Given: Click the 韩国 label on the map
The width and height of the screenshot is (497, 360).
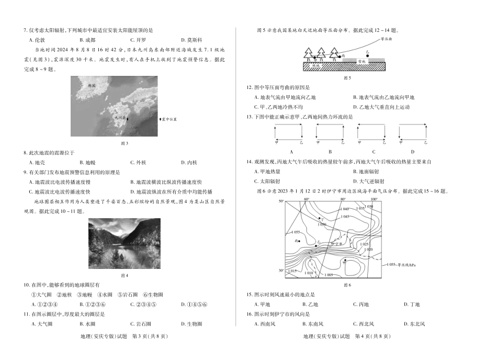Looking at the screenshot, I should [92, 85].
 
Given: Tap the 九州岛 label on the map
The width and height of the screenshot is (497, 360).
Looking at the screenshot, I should [120, 118].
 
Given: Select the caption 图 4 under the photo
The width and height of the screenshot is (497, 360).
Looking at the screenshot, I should [125, 275].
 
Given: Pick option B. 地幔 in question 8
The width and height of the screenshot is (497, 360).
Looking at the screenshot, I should [87, 162].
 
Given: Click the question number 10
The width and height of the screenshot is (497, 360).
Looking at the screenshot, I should [26, 285].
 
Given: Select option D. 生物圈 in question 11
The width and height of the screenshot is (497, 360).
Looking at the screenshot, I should [191, 324].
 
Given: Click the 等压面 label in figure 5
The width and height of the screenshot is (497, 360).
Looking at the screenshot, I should [386, 39].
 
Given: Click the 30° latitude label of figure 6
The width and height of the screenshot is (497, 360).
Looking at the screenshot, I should [281, 271].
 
